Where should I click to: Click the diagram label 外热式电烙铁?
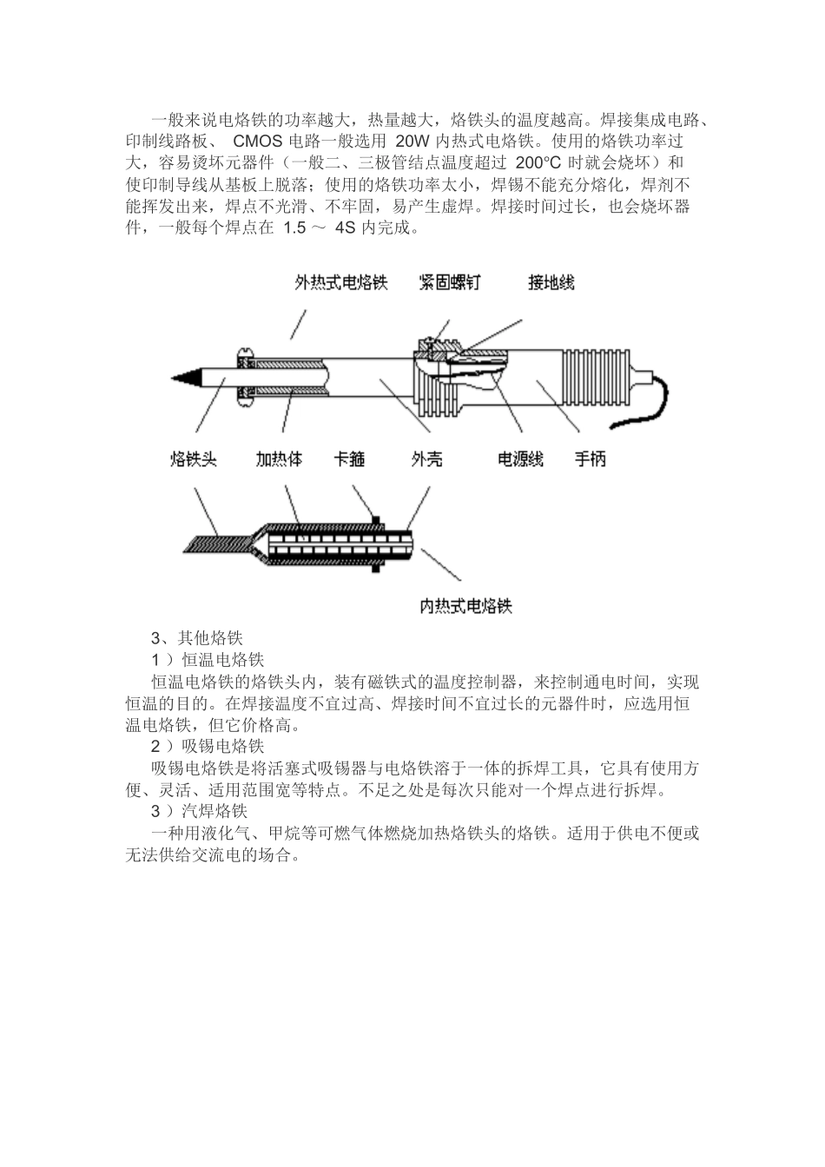[340, 282]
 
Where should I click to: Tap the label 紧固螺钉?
[449, 282]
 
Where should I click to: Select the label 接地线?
[551, 282]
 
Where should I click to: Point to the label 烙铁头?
[193, 458]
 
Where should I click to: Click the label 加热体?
[279, 458]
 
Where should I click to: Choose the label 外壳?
[426, 458]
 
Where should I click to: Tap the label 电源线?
[520, 458]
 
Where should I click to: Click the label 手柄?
[590, 458]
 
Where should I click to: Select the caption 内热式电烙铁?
[466, 606]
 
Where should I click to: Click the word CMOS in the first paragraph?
[258, 141]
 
